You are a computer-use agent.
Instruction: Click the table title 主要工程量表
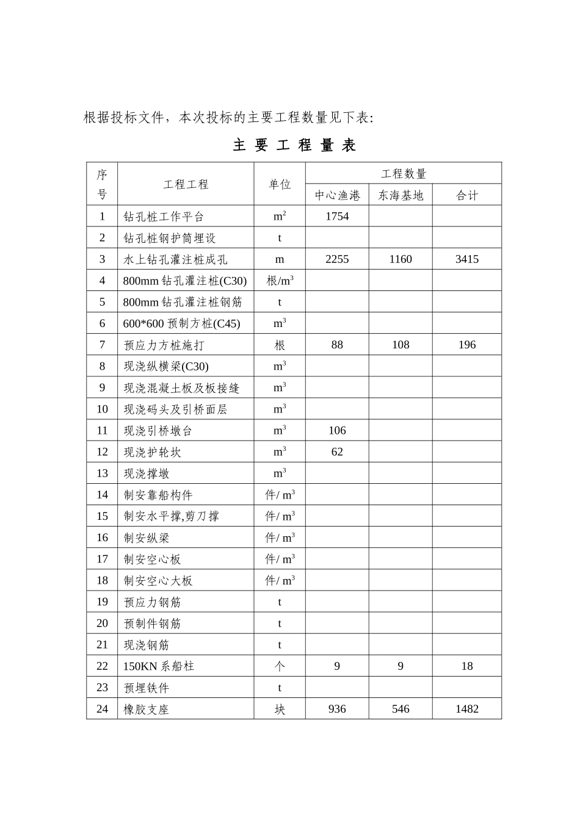(295, 145)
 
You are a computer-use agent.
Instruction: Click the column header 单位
(280, 184)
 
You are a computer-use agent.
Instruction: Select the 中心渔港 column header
(337, 195)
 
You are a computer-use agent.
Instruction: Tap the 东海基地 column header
(401, 195)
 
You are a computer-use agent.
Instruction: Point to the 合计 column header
(467, 195)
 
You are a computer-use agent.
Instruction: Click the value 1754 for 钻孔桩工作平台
(337, 217)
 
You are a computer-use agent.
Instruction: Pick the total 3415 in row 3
(467, 259)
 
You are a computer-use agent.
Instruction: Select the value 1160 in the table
(401, 259)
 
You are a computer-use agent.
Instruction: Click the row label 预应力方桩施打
(164, 345)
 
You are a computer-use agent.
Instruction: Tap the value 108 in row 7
(401, 345)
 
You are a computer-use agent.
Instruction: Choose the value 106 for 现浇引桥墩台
(337, 430)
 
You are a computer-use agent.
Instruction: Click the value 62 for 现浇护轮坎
(337, 451)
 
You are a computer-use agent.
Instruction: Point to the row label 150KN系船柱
(159, 666)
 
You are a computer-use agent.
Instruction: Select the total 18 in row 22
(467, 666)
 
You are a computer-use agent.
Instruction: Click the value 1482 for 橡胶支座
(467, 709)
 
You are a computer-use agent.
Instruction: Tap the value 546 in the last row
(401, 709)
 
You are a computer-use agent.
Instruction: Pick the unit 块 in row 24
(280, 710)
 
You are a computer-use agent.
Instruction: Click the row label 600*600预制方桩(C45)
(181, 324)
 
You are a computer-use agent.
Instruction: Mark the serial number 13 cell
(102, 473)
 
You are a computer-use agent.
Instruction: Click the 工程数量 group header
(404, 174)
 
